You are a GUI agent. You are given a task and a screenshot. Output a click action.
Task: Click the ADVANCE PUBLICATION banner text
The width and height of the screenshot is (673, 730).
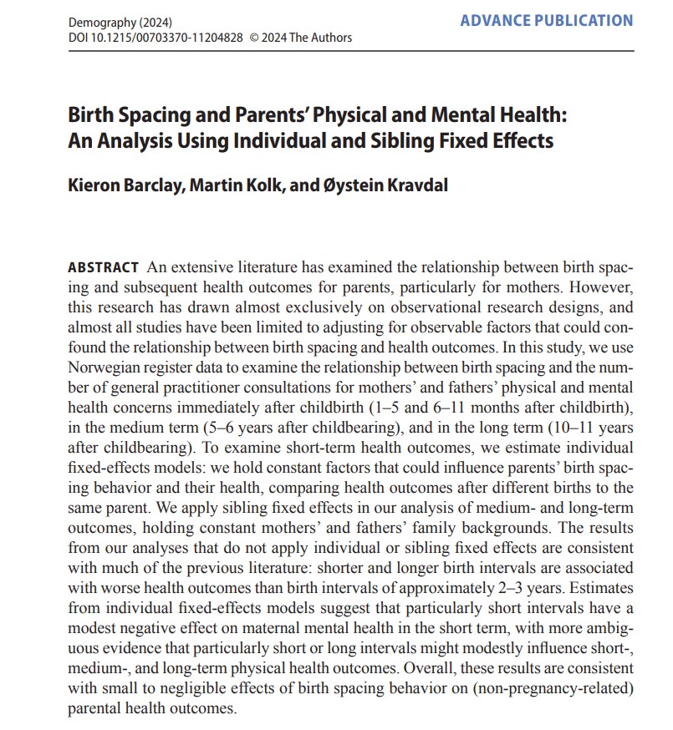coord(546,20)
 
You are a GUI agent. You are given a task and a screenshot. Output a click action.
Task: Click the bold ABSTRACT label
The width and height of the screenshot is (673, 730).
coord(103,267)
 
